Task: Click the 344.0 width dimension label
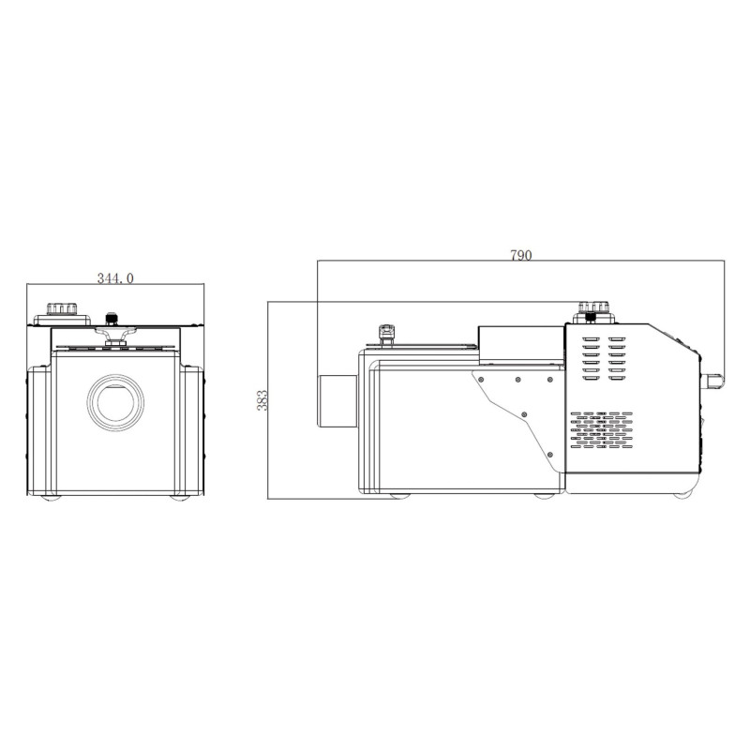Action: tap(115, 277)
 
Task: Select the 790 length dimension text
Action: tap(520, 255)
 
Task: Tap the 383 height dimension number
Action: tap(262, 400)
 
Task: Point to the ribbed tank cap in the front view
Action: tap(62, 310)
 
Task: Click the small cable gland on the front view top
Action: tap(113, 317)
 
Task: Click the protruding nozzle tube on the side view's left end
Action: tap(337, 401)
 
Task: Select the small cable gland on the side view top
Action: tap(385, 333)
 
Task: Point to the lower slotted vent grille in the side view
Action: tap(602, 427)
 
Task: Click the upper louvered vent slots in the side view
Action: tap(602, 356)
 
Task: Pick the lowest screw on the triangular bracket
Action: tap(524, 413)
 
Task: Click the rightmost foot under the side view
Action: tap(679, 496)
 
